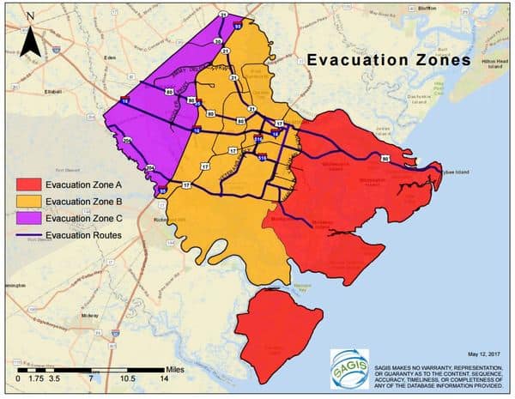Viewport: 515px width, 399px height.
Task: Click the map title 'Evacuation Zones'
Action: point(389,60)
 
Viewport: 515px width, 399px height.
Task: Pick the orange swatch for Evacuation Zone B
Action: point(27,202)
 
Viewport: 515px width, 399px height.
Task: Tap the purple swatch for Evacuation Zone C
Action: point(27,218)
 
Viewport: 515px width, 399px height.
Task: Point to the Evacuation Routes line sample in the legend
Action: point(27,234)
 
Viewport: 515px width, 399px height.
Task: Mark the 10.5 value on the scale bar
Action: point(128,378)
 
